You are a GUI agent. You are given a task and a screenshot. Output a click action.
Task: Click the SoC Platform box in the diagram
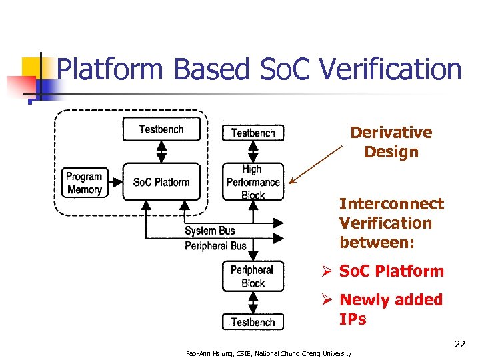pyautogui.click(x=161, y=182)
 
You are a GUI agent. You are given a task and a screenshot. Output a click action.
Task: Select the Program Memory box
pyautogui.click(x=84, y=183)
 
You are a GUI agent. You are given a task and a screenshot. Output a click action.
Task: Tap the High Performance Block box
pyautogui.click(x=253, y=182)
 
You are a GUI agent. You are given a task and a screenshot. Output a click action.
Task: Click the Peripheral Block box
pyautogui.click(x=253, y=276)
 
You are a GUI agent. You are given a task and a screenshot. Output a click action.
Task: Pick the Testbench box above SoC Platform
pyautogui.click(x=161, y=129)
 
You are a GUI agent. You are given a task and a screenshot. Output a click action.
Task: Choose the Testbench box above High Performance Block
pyautogui.click(x=253, y=133)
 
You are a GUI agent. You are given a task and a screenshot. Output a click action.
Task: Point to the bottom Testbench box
pyautogui.click(x=253, y=322)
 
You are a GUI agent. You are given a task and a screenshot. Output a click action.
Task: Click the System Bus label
pyautogui.click(x=210, y=231)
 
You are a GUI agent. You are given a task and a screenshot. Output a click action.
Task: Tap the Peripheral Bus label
pyautogui.click(x=215, y=246)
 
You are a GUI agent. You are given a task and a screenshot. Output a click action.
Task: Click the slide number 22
pyautogui.click(x=459, y=344)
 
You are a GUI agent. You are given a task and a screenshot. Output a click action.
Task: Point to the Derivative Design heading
pyautogui.click(x=391, y=142)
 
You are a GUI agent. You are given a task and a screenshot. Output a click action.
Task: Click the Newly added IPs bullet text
pyautogui.click(x=391, y=309)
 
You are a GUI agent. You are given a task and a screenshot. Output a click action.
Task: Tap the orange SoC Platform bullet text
pyautogui.click(x=391, y=271)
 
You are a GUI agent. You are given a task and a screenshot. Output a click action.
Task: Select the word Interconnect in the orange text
pyautogui.click(x=391, y=204)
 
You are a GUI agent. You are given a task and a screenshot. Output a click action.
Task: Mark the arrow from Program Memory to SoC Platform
pyautogui.click(x=114, y=181)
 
